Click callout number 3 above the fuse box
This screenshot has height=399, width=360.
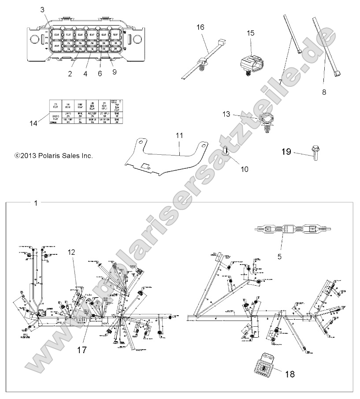tap(42, 9)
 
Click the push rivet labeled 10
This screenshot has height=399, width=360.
tap(226, 152)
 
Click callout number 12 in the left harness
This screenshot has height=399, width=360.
tap(72, 252)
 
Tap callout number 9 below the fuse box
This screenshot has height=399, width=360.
tap(114, 74)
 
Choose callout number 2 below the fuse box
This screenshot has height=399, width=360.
tap(70, 74)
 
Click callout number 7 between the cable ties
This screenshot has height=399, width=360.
tap(280, 82)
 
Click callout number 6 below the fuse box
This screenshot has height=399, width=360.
tap(100, 74)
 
